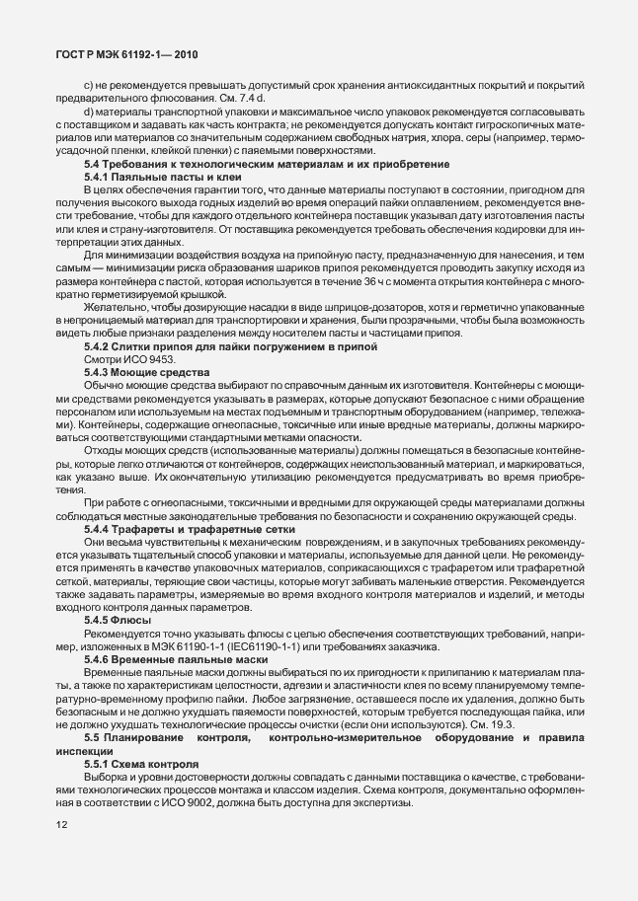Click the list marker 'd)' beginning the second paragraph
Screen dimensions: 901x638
pyautogui.click(x=89, y=113)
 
